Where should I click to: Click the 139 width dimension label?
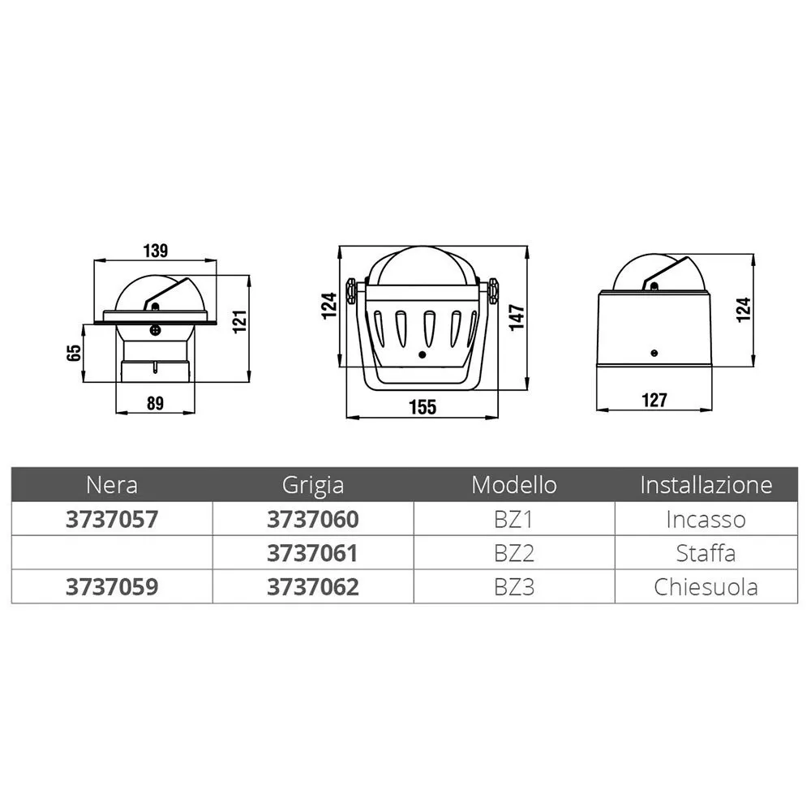click(155, 251)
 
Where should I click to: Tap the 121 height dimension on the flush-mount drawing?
click(240, 322)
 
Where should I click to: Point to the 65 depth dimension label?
click(74, 353)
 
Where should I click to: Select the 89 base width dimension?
click(155, 403)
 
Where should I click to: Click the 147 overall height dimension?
click(517, 318)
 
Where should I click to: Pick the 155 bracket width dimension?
click(423, 407)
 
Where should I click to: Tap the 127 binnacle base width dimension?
click(654, 400)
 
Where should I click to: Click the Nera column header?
click(112, 485)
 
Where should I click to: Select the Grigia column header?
click(313, 486)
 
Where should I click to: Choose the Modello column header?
click(514, 485)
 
